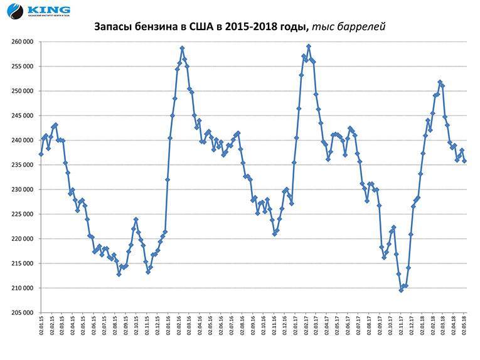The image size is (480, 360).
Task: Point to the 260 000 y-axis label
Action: coord(21,42)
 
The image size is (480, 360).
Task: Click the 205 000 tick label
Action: coord(21,312)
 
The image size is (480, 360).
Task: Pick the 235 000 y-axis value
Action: coord(21,165)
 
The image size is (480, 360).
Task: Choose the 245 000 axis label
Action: coord(21,116)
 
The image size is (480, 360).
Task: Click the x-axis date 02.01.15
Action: coord(41,329)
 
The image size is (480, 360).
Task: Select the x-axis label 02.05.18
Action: coord(464,329)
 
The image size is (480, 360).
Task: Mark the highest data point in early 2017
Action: coord(309,46)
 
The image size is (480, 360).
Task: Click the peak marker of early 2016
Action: coord(182,48)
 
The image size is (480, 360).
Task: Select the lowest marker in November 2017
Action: coord(401,290)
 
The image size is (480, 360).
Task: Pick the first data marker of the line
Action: coord(41,154)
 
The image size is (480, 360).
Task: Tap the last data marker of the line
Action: coord(464,161)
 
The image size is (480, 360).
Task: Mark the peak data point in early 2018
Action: coord(440,82)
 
